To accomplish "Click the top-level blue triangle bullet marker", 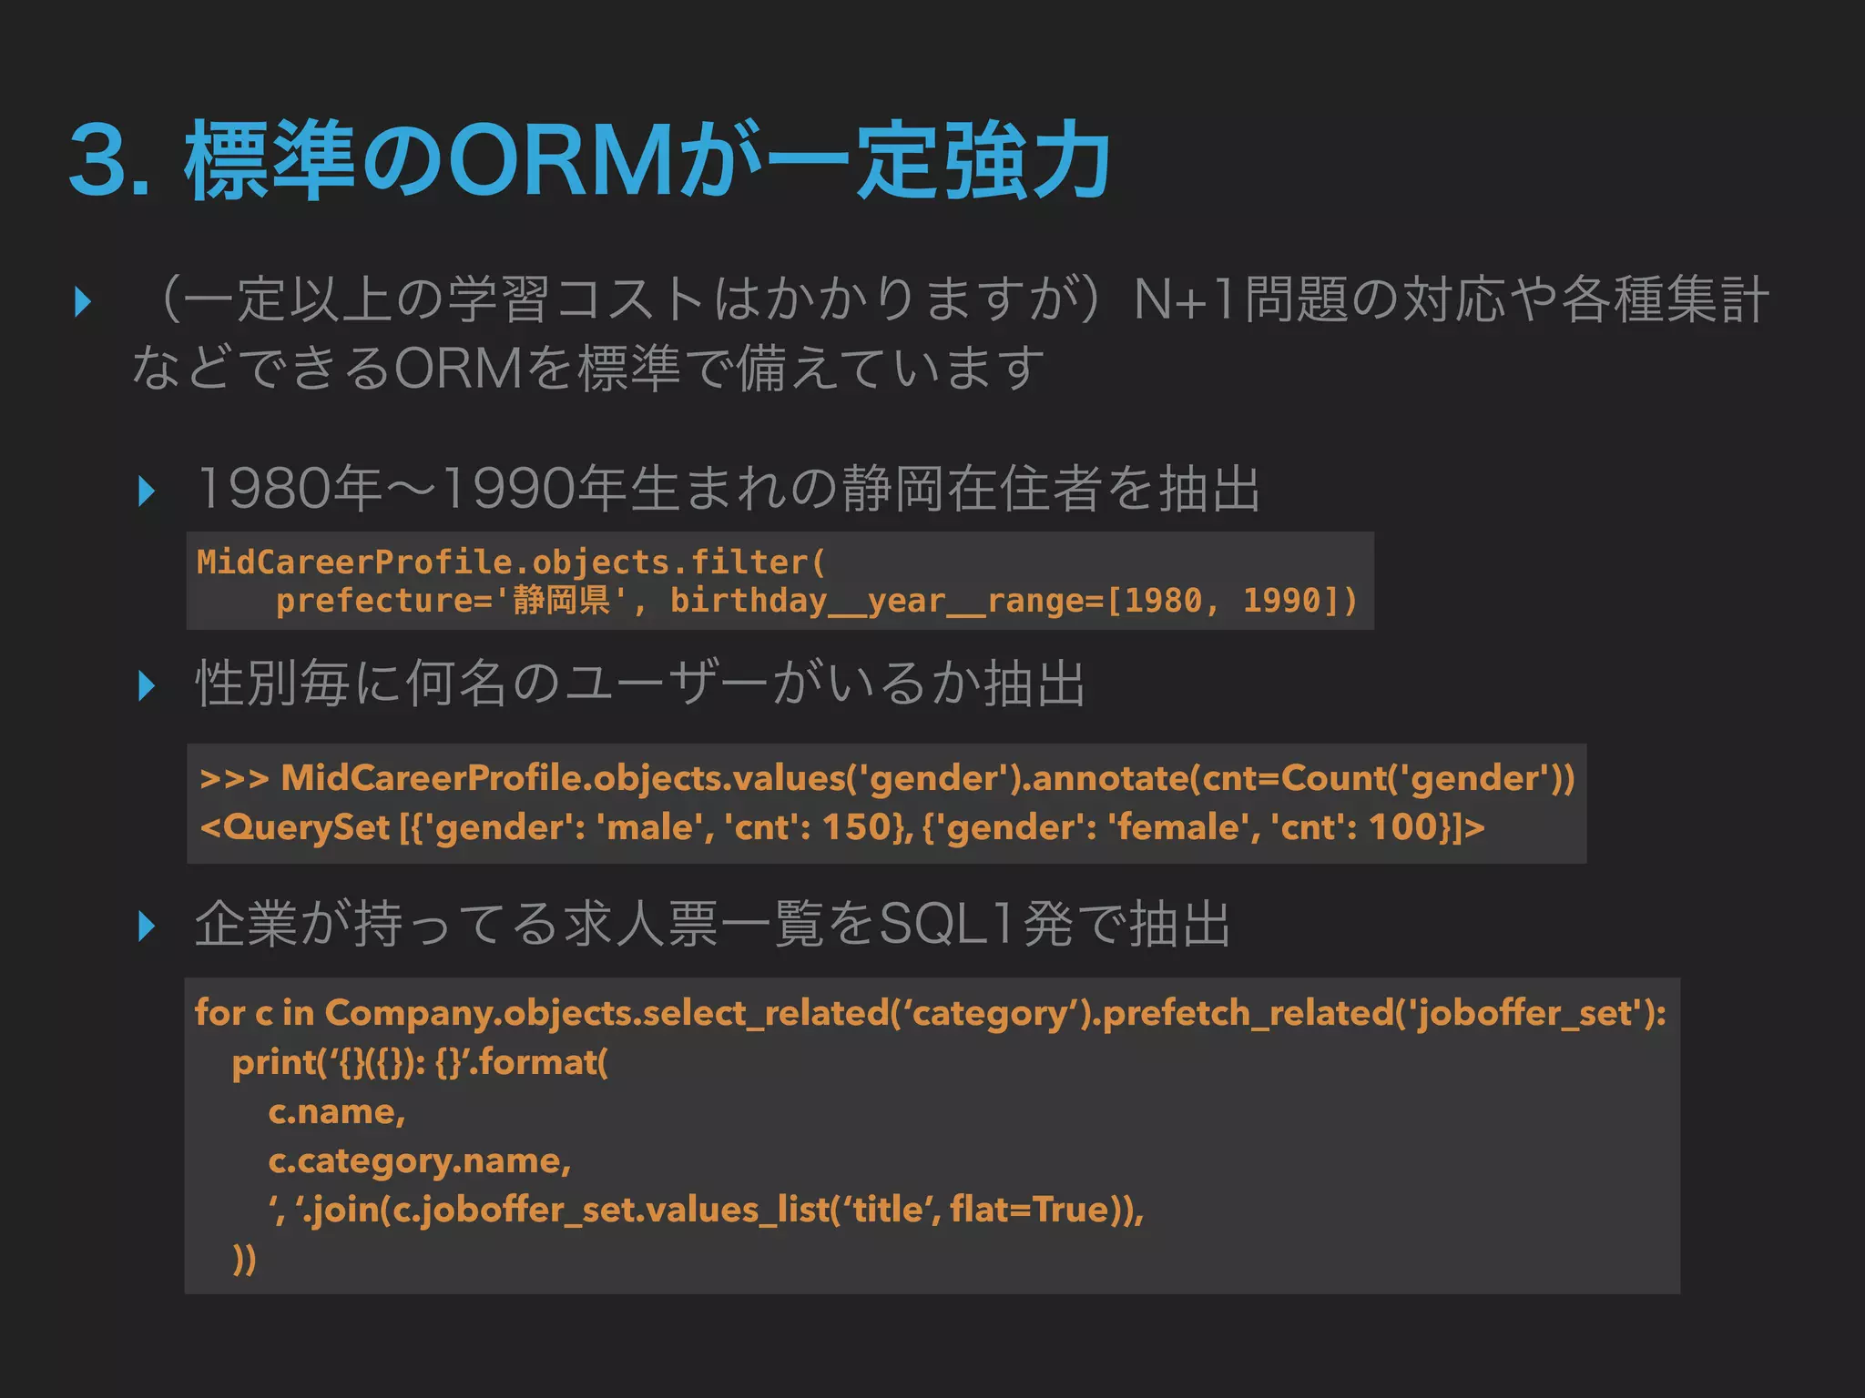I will point(83,301).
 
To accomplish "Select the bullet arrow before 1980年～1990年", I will point(146,491).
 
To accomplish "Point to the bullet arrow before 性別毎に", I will point(146,685).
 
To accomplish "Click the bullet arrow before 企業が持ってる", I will point(146,926).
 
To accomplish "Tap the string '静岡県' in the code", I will point(562,601).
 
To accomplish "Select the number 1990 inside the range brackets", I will point(1282,601).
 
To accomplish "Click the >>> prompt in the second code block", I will point(234,779).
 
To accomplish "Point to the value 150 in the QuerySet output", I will point(855,827).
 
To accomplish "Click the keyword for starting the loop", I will point(219,1013).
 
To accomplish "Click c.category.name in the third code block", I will point(419,1161).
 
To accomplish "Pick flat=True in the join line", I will point(1029,1211).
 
